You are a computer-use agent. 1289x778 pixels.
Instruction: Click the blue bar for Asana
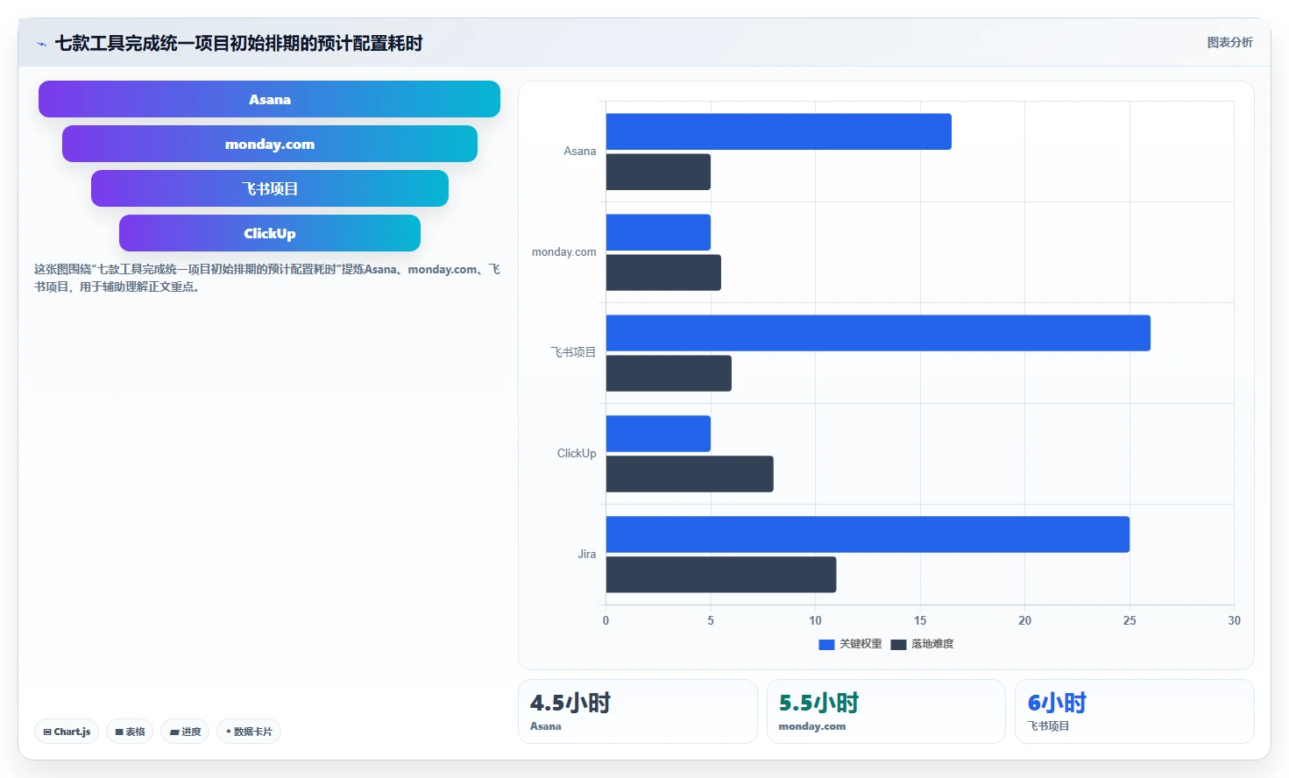point(779,131)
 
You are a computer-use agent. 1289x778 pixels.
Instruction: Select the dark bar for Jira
point(721,574)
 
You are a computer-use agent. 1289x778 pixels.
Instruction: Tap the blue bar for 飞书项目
point(878,333)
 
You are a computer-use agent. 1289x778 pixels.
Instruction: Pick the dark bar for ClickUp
point(690,474)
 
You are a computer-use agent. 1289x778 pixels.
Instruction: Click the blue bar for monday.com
point(658,232)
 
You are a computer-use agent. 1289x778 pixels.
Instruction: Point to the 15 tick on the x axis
point(920,620)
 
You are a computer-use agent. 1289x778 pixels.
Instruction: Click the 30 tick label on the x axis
point(1235,620)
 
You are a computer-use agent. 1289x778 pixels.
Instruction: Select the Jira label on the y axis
point(587,555)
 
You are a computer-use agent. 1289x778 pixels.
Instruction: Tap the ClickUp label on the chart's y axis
point(577,454)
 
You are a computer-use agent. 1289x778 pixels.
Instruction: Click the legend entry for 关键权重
point(850,644)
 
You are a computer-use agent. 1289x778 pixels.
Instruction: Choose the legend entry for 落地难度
point(922,644)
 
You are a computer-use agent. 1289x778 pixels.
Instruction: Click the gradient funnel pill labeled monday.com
point(270,144)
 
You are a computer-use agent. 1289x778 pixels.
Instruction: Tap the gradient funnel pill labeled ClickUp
point(270,233)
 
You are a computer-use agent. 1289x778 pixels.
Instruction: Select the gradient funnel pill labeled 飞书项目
point(270,188)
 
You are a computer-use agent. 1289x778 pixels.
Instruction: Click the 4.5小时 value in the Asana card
point(570,704)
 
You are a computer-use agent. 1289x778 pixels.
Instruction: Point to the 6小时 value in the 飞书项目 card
point(1057,704)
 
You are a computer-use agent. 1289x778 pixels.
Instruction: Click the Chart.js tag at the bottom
point(67,732)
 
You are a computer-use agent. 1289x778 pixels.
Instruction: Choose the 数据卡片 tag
point(249,732)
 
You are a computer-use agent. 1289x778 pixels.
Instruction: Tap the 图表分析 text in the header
point(1229,43)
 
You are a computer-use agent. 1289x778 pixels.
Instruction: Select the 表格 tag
point(130,732)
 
